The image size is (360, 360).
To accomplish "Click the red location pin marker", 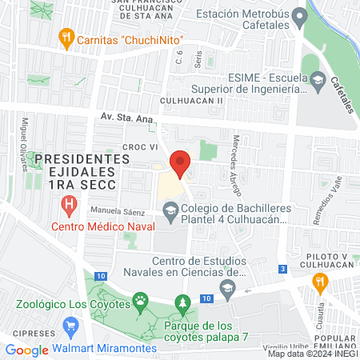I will click(x=180, y=164).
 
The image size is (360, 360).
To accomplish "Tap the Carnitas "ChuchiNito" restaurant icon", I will click(x=65, y=38).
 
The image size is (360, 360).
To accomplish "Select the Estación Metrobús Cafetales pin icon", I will click(x=299, y=15).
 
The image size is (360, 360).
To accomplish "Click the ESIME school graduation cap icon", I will click(x=318, y=82).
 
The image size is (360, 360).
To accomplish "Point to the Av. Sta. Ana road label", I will click(x=126, y=118).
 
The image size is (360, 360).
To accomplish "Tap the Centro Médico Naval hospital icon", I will click(x=69, y=206).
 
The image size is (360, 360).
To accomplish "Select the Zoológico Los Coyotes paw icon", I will click(x=141, y=302).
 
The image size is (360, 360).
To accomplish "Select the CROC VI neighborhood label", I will click(x=138, y=147).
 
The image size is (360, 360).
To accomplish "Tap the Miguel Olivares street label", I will click(x=25, y=145).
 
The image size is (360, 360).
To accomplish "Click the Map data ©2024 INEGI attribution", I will click(x=312, y=354).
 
